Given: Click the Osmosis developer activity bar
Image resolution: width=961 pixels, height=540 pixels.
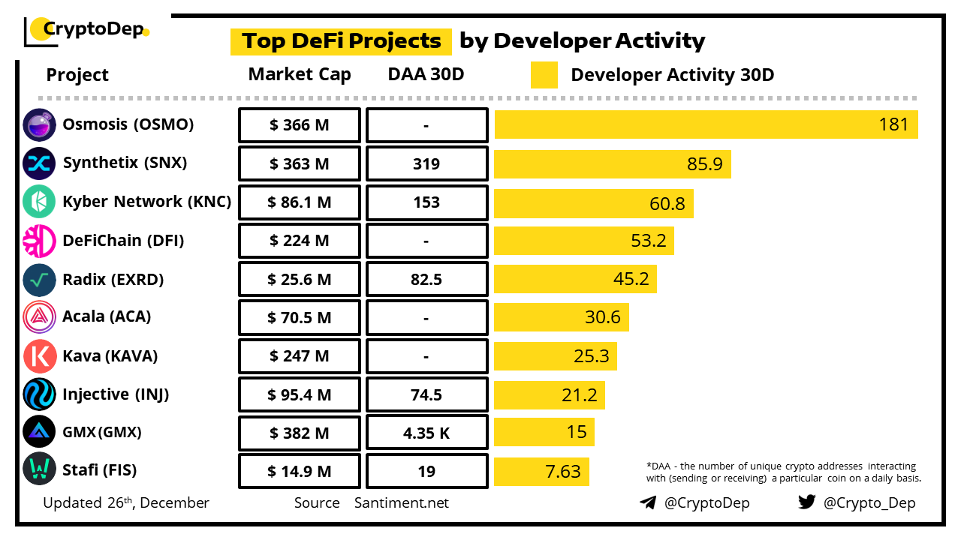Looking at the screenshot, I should [x=706, y=124].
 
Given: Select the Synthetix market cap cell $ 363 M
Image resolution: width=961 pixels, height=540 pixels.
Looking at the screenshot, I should [x=300, y=163].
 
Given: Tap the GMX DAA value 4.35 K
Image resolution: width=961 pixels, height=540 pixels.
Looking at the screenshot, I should [x=426, y=433].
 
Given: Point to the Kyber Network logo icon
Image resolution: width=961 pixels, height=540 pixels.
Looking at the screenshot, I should [x=39, y=202].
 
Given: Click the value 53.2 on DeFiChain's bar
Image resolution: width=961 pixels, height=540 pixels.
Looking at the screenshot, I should [x=649, y=241].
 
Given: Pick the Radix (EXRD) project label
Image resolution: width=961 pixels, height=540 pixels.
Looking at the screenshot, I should [x=113, y=280].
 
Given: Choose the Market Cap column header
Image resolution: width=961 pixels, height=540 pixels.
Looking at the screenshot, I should [x=300, y=74].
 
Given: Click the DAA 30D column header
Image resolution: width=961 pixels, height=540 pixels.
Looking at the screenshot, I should [x=426, y=74].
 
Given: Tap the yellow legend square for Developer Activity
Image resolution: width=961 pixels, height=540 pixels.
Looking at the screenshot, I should [x=544, y=75].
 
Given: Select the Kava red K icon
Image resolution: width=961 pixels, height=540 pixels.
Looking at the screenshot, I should [x=39, y=356].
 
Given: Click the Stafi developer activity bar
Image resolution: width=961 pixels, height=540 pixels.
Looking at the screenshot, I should [x=541, y=471].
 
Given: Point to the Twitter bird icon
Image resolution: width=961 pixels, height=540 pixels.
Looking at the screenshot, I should [x=807, y=502].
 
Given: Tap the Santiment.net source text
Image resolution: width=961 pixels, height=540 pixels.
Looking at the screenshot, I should [x=402, y=502].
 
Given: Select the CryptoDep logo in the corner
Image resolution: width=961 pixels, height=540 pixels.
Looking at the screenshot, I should [x=86, y=31].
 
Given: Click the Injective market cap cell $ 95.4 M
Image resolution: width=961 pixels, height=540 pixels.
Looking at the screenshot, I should [x=300, y=394].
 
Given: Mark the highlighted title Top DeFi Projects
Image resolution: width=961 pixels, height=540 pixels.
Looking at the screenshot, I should [x=341, y=40].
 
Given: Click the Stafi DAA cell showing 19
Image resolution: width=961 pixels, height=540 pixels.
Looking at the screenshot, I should [x=426, y=471].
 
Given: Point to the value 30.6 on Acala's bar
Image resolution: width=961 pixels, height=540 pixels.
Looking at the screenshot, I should [x=603, y=317].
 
